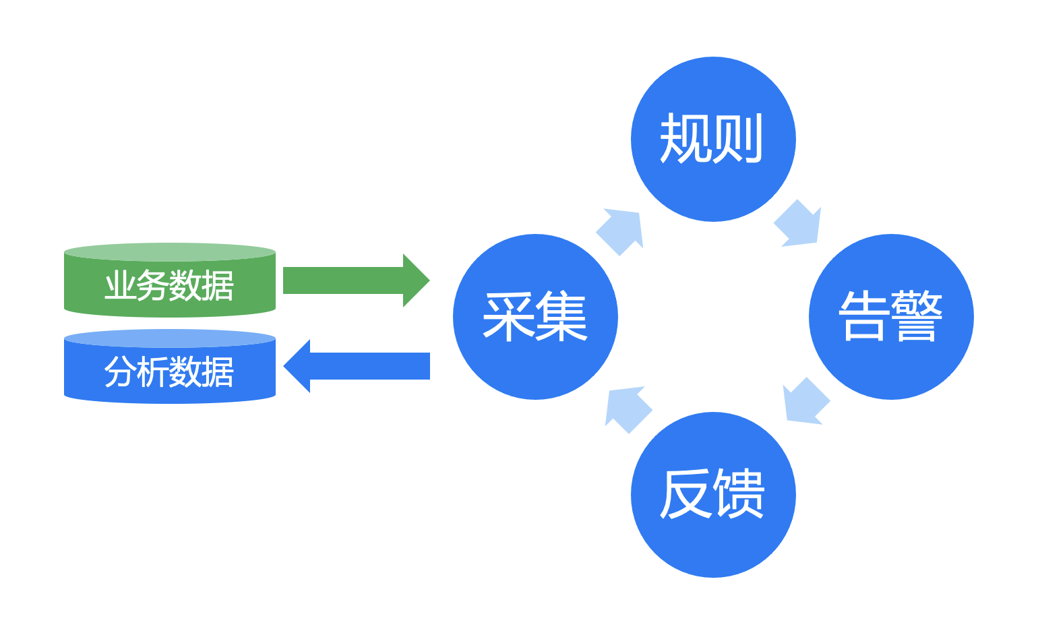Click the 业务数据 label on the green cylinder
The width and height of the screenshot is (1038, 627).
[169, 286]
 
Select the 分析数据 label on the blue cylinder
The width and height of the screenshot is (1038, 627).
[169, 371]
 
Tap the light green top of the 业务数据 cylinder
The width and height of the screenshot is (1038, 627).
[170, 252]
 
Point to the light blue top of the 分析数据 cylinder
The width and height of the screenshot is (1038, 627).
[170, 338]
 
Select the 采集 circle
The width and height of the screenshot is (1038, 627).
[535, 317]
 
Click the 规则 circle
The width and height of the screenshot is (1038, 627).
[713, 139]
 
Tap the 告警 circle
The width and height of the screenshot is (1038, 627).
[891, 317]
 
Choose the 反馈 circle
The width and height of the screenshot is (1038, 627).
[713, 495]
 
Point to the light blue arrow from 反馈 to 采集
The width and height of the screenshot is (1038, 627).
[628, 409]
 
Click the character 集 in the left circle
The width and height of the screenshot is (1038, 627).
[561, 316]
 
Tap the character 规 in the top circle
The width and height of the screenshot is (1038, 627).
[685, 138]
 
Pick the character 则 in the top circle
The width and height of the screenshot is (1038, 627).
[739, 138]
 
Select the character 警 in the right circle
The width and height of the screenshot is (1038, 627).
[917, 316]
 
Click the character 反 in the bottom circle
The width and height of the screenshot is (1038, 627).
[685, 494]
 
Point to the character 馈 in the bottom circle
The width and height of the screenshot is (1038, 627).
[739, 494]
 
